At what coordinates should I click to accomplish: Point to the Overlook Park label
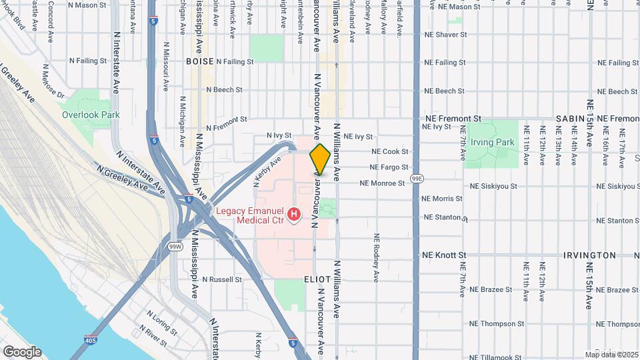91,115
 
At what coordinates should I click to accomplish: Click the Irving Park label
493,142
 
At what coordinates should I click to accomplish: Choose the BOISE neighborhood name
200,61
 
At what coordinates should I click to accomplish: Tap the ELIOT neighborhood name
317,279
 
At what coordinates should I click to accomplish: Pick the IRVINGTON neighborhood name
589,255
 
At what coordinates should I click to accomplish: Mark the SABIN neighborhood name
570,118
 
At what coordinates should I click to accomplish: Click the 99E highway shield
417,179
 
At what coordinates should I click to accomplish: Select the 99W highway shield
175,247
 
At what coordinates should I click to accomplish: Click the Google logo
21,352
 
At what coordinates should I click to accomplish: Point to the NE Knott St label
445,255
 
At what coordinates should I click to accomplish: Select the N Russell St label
222,279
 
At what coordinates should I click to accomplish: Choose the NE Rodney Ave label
377,256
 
